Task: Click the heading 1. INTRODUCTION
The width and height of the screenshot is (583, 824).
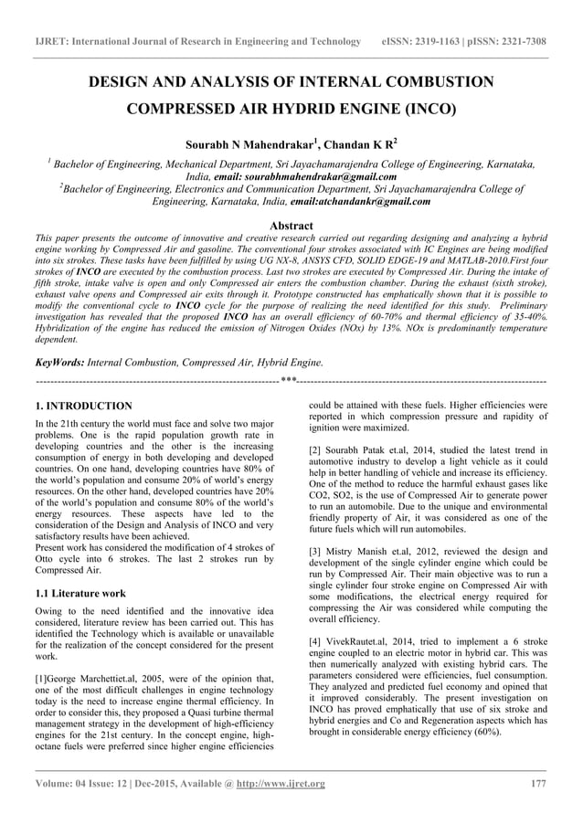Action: pos(83,406)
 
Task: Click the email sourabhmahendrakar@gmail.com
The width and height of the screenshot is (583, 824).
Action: pos(304,175)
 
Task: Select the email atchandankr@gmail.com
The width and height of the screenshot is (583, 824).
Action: pos(342,201)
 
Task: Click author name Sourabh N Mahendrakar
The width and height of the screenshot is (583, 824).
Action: pos(250,144)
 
